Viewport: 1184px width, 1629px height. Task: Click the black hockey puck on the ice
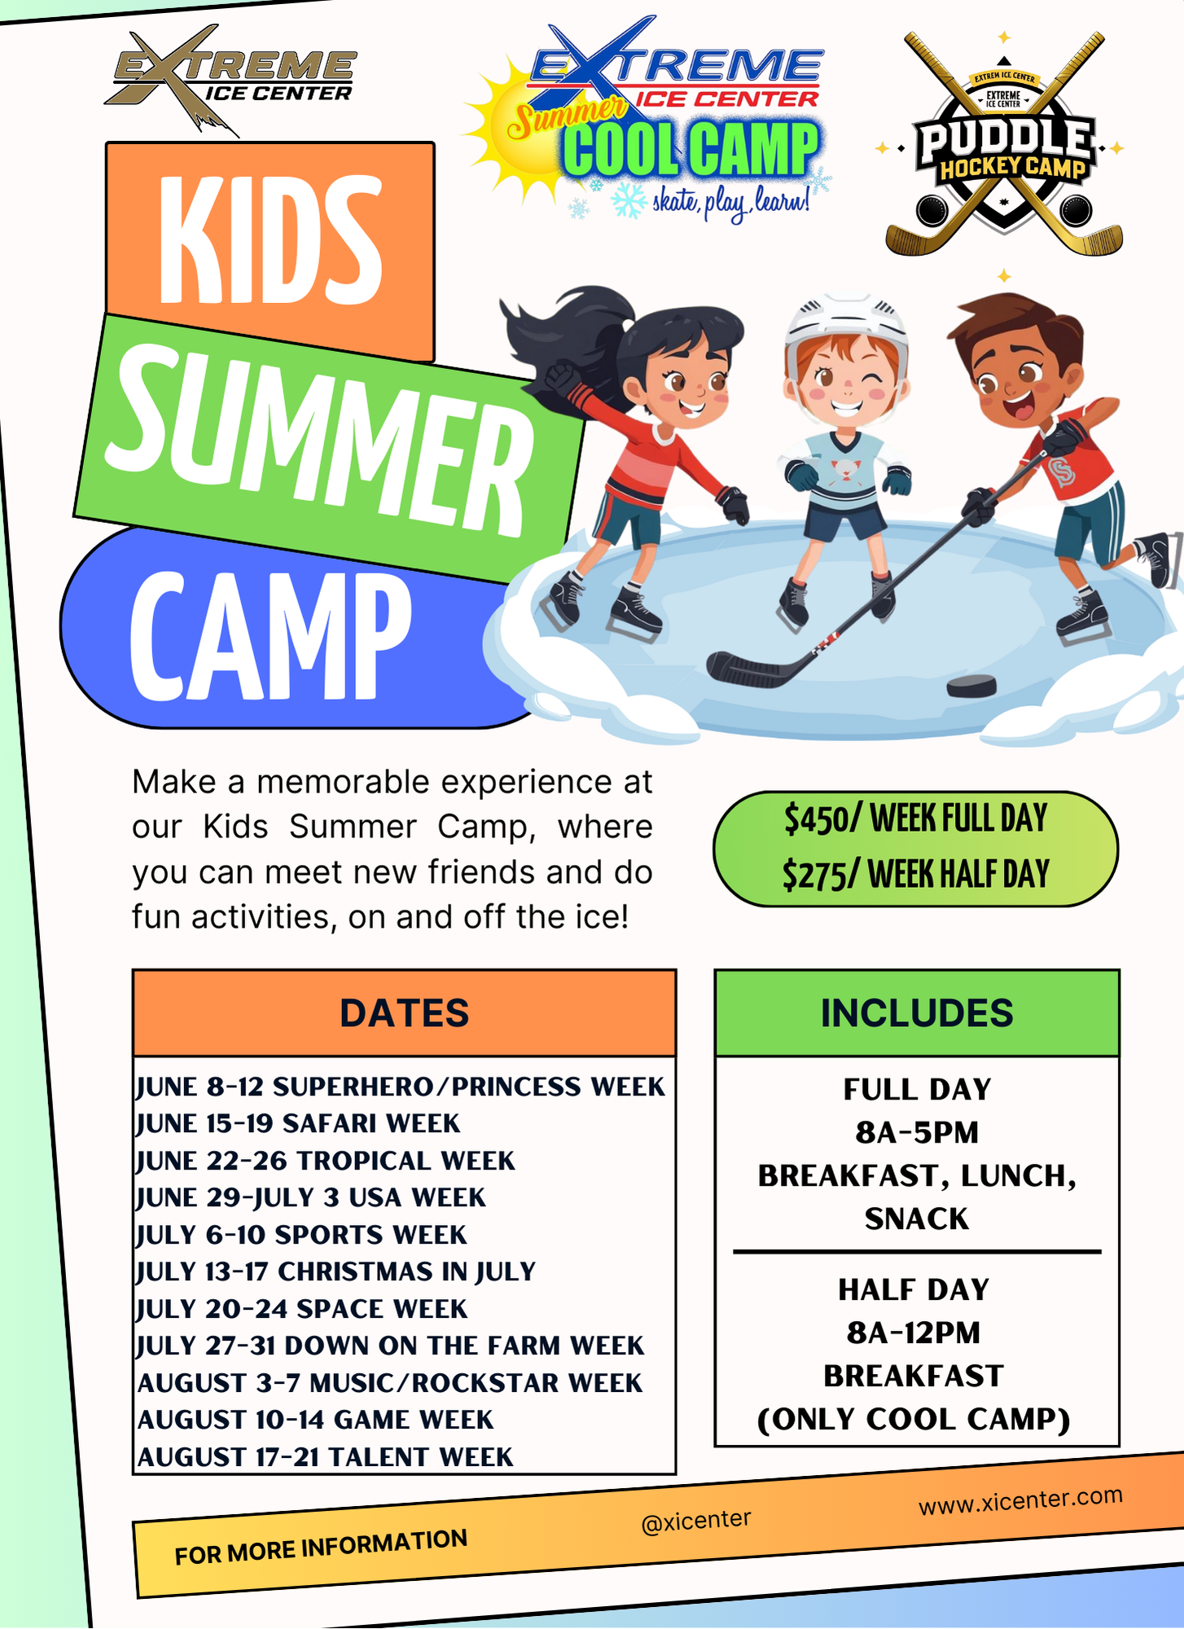coord(971,686)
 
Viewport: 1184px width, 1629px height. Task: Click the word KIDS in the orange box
coord(271,239)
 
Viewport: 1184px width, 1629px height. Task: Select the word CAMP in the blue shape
coord(270,635)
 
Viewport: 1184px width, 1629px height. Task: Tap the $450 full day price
coord(916,819)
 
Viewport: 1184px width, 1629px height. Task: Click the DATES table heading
coord(404,1013)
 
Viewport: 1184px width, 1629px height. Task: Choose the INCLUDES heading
coord(917,1013)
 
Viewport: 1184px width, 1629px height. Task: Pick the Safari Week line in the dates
coord(298,1124)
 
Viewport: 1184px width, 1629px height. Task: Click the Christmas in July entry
coord(335,1272)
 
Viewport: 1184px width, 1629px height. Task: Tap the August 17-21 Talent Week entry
coord(326,1457)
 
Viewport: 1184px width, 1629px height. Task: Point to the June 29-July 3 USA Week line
coord(311,1198)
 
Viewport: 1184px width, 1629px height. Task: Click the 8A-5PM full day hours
coord(917,1132)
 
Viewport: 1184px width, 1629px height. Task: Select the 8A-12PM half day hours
coord(914,1333)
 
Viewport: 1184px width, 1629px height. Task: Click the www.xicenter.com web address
coord(1020,1500)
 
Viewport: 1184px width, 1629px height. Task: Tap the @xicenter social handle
coord(696,1521)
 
